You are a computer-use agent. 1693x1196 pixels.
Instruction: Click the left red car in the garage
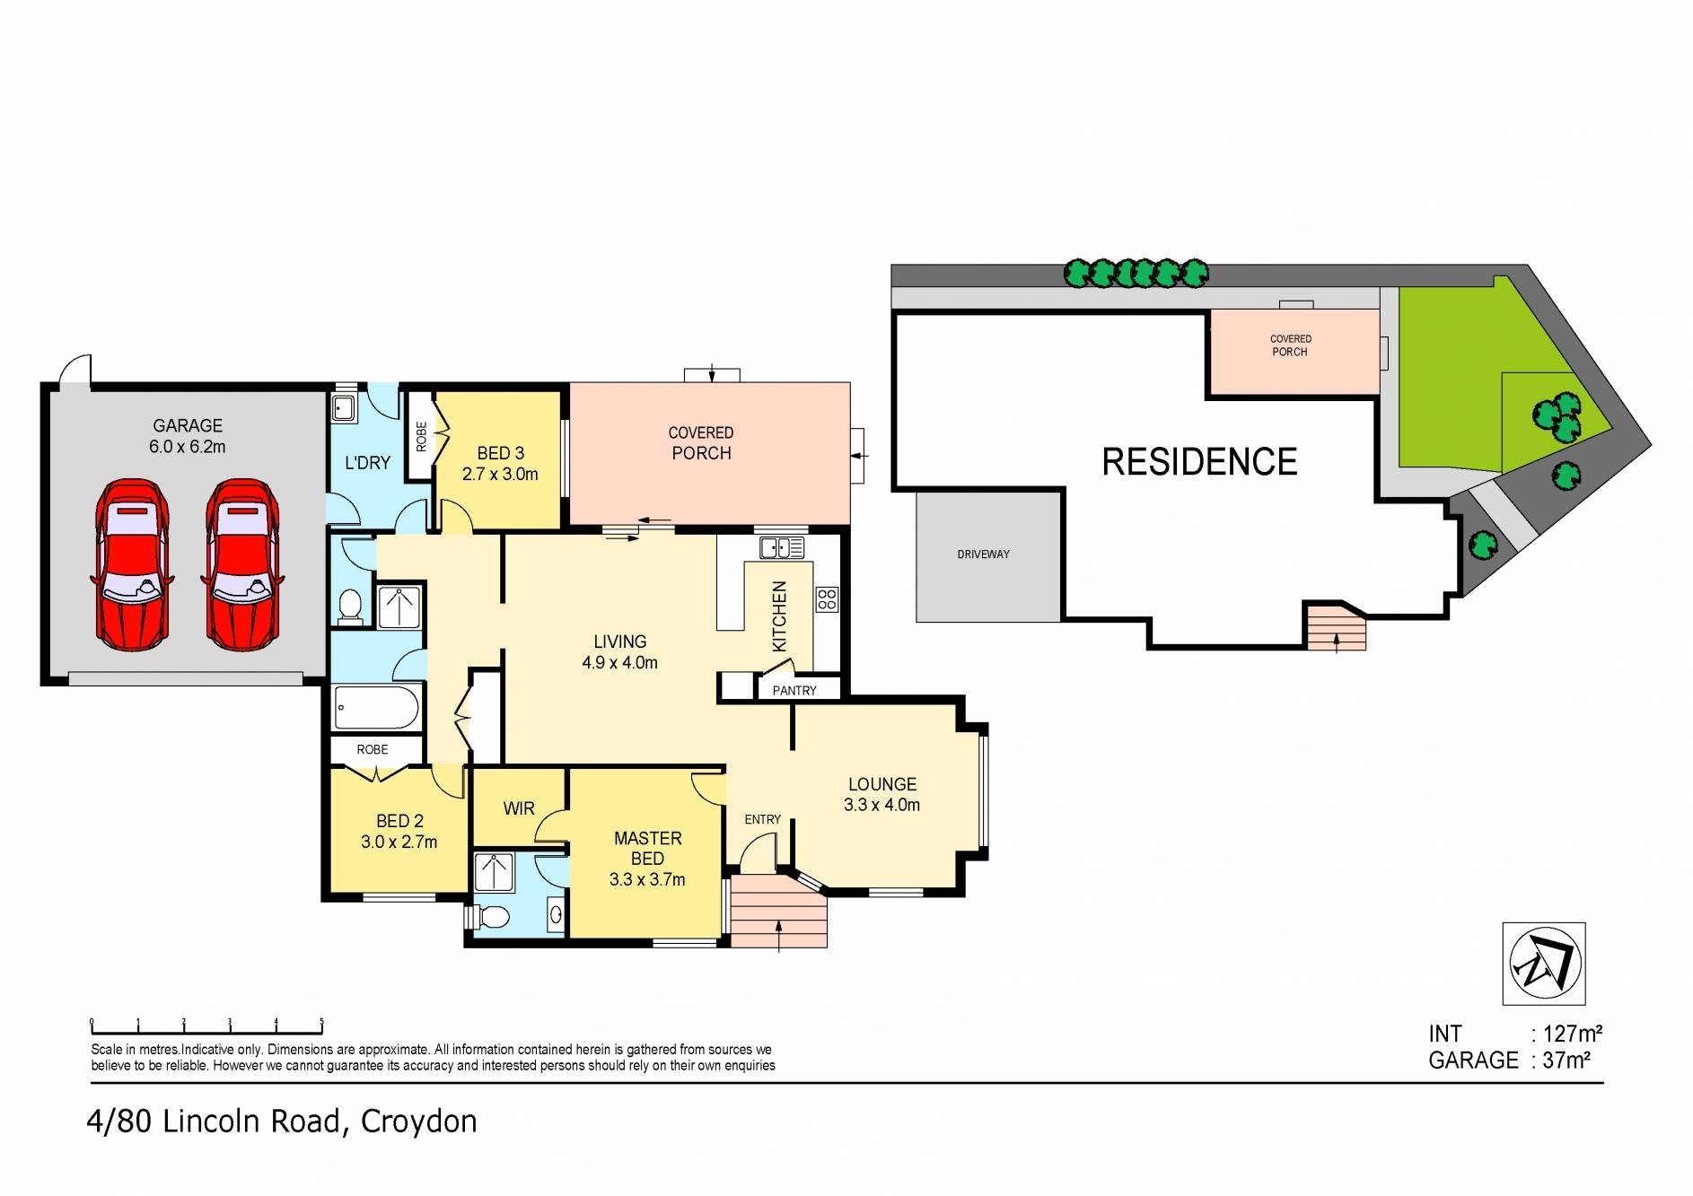pos(133,565)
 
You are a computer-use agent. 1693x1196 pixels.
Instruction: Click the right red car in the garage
pos(242,565)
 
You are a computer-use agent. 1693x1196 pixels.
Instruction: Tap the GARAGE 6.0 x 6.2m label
pos(188,436)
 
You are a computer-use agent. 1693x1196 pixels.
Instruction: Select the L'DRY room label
pos(368,463)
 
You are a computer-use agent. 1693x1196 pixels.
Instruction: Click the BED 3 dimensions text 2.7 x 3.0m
pos(500,475)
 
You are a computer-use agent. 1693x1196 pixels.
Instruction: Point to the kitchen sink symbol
pos(781,546)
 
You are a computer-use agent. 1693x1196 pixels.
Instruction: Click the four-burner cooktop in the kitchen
pos(826,599)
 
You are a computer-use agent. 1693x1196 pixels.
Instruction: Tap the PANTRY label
pos(794,690)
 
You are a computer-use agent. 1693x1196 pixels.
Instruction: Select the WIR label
pos(519,808)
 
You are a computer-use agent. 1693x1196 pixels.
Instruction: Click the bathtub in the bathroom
pos(376,708)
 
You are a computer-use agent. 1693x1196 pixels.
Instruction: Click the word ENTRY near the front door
pos(762,819)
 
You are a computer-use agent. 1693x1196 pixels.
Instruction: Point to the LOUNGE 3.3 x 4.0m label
pos(882,795)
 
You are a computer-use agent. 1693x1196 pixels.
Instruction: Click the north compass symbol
pos(1544,964)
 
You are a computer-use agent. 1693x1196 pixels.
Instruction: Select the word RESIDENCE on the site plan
pos(1198,462)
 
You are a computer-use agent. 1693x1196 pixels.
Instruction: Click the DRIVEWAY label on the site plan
pos(983,554)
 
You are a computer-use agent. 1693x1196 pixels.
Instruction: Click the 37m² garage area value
pos(1566,1061)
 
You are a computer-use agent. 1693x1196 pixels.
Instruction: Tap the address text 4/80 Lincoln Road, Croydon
pos(282,1122)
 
